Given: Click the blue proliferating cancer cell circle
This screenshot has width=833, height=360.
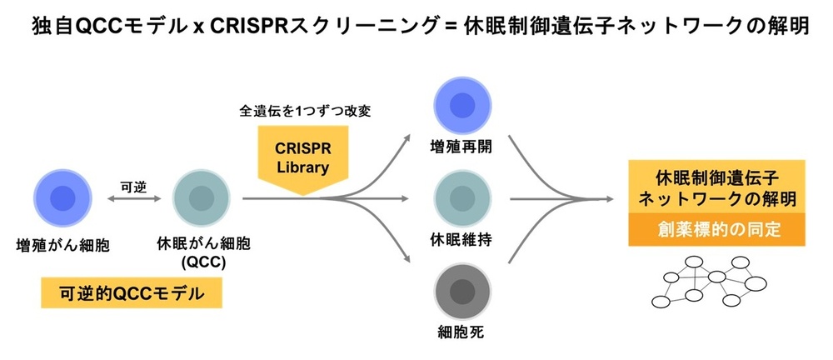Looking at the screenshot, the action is coord(62,198).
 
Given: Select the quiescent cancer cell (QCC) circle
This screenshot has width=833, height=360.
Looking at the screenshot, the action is coord(202,198).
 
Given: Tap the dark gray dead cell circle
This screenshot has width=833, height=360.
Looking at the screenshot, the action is coord(462,292).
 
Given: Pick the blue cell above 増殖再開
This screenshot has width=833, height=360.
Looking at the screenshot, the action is coord(462,105).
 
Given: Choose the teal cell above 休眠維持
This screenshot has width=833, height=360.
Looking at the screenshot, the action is coord(462,198).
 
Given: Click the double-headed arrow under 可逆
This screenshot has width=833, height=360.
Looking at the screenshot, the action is coord(134,199).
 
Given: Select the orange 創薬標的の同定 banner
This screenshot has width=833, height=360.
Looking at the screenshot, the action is coord(716,230).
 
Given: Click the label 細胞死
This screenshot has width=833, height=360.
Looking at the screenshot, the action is coord(462,333).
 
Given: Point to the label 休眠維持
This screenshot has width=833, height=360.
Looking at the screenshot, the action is coord(461,240).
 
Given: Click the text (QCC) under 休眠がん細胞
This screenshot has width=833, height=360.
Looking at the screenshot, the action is coord(202,262).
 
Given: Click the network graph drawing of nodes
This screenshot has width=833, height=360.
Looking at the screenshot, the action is coord(710,282).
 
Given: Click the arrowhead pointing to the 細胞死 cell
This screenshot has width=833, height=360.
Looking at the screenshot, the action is coord(407,259).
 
